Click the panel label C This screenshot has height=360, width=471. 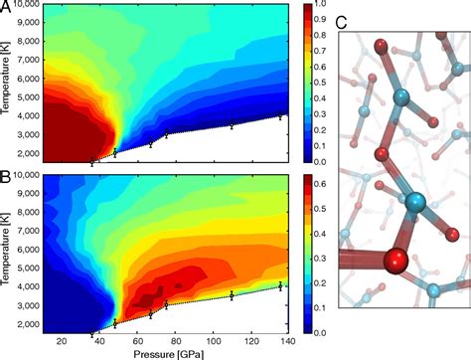coord(342,22)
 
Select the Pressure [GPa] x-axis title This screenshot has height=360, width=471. coord(163,353)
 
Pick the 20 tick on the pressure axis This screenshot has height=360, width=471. coord(62,342)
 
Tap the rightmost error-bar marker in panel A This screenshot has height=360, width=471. coord(281,115)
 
